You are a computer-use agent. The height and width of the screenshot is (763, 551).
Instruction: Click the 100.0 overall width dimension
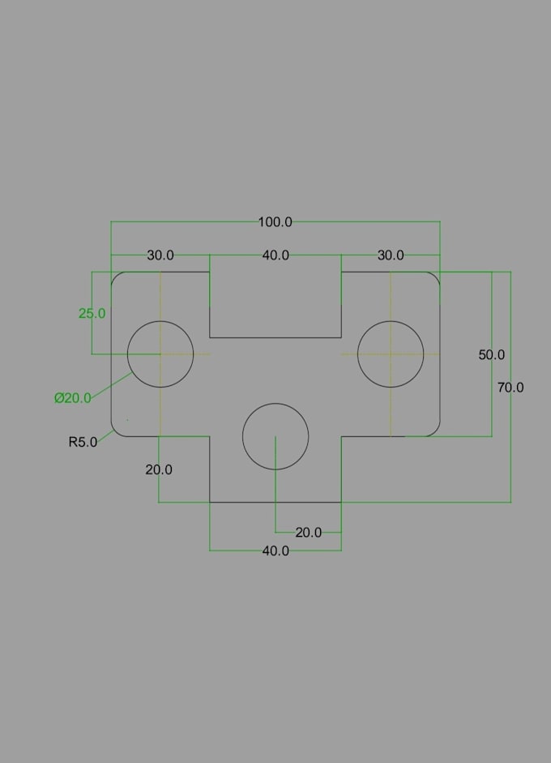coord(275,222)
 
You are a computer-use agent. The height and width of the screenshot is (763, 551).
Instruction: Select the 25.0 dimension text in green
coord(92,313)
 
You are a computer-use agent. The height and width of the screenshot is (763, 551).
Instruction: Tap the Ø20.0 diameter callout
coord(72,398)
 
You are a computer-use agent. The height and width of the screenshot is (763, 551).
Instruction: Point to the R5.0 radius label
coord(83,442)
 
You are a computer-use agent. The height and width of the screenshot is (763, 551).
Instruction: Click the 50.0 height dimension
coord(491,354)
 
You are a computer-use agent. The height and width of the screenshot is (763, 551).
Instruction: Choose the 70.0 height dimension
coord(510,388)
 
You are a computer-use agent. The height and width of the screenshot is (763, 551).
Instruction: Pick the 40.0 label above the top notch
coord(275,255)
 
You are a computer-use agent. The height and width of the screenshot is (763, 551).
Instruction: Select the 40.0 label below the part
coord(275,551)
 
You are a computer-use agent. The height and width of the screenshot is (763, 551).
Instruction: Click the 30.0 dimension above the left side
coord(160,255)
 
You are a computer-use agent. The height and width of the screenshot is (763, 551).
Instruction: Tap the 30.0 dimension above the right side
coord(391,255)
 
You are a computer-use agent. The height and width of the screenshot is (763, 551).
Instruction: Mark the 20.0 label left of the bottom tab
coord(159,469)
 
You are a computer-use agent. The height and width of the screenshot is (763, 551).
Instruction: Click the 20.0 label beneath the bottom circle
coord(309,533)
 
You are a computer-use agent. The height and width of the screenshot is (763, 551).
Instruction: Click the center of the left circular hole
coord(160,354)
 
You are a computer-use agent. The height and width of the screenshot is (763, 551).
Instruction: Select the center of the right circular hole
coord(391,354)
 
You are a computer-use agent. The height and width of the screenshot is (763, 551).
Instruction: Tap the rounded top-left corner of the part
coord(116,276)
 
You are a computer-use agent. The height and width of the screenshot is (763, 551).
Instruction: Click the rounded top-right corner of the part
coord(435,276)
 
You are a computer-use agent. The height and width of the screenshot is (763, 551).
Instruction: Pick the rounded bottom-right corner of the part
coord(435,431)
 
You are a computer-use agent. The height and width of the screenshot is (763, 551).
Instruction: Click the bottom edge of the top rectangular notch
coord(275,337)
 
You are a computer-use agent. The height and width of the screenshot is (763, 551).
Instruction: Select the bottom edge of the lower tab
coord(275,502)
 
